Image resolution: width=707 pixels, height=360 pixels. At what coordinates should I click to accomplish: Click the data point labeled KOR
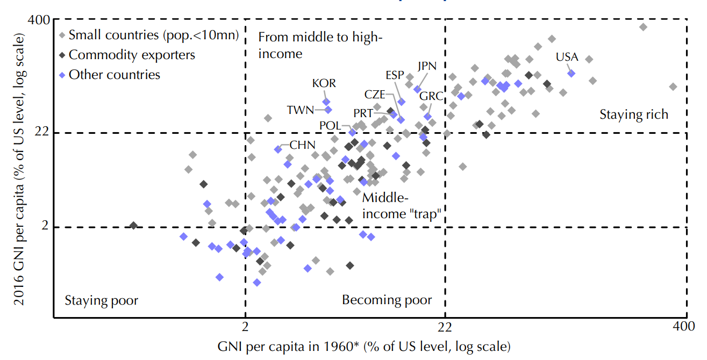click(x=326, y=102)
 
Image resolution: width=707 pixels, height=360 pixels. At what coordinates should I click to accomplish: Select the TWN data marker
click(x=328, y=110)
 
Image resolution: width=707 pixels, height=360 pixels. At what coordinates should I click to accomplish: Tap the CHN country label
click(x=302, y=145)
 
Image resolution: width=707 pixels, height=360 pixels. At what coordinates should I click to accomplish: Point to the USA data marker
click(x=572, y=73)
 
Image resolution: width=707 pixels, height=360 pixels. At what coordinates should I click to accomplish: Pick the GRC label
click(x=431, y=97)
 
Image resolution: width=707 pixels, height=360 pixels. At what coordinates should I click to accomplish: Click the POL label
click(x=330, y=125)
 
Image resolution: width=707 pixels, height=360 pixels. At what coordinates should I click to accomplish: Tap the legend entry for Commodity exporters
click(x=132, y=55)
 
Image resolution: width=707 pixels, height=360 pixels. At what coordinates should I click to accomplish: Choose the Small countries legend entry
click(x=154, y=35)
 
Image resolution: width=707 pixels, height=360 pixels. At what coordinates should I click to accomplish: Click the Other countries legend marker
click(x=62, y=75)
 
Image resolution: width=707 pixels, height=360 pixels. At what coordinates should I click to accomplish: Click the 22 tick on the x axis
click(x=445, y=327)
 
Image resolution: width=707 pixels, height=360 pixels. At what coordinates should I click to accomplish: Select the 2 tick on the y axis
click(x=46, y=227)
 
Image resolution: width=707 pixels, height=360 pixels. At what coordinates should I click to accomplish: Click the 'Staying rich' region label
click(x=634, y=114)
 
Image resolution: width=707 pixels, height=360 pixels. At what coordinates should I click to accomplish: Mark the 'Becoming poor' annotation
click(x=387, y=300)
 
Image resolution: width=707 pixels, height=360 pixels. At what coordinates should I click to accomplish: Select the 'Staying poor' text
click(x=102, y=300)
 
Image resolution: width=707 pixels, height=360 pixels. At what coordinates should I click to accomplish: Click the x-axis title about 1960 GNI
click(x=363, y=345)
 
